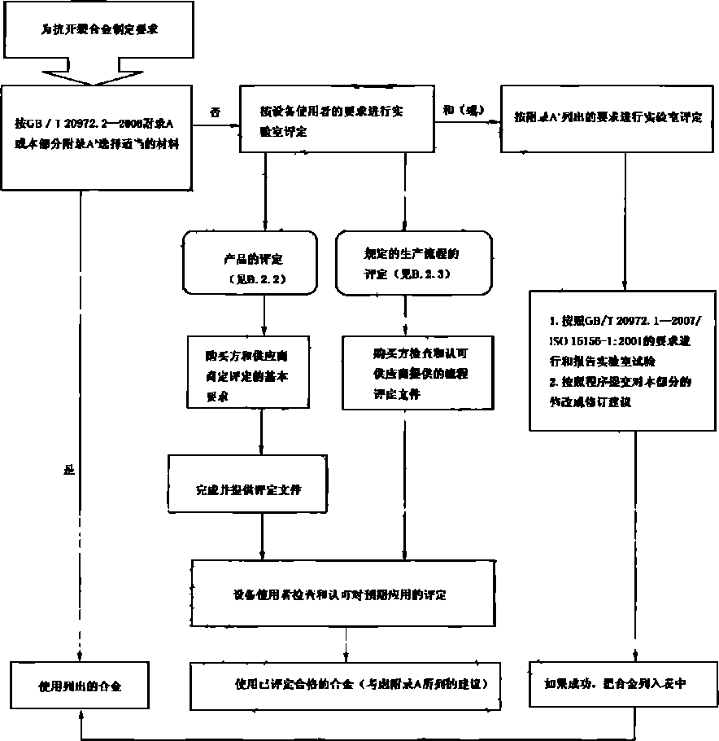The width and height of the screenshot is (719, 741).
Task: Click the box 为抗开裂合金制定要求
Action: pos(98,29)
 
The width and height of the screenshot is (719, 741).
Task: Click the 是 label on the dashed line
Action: pos(68,471)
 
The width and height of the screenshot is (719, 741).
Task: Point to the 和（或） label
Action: pos(464,111)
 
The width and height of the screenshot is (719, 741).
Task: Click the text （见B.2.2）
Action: pos(259,278)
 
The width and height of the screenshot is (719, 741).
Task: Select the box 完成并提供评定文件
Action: pos(248,491)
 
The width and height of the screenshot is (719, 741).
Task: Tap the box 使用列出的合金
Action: pos(81,685)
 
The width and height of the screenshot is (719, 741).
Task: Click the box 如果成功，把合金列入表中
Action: pos(622,684)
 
